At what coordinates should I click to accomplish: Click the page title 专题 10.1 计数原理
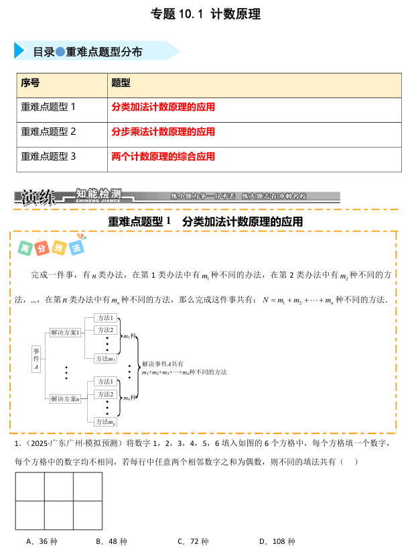206,13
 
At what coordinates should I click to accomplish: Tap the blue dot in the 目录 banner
60,52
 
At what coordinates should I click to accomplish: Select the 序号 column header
31,83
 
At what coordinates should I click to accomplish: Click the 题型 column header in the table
121,83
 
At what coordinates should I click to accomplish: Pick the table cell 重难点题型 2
49,131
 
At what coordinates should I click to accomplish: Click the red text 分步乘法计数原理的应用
163,131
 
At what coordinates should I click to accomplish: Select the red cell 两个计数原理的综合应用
163,157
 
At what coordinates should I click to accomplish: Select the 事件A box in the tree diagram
36,359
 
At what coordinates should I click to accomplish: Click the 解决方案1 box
65,332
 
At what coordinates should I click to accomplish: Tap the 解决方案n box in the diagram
65,398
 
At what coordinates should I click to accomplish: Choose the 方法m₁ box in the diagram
106,359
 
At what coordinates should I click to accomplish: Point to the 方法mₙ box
106,422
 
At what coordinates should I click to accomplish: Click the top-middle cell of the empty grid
58,486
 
